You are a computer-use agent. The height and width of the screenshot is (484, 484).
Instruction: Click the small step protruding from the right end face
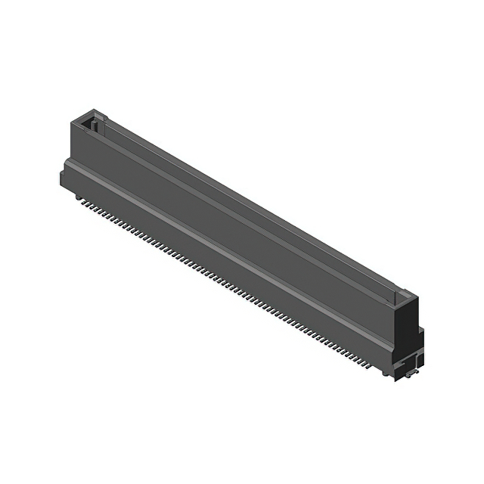coord(420,333)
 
